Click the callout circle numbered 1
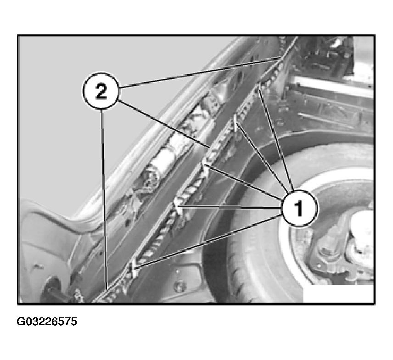click(x=299, y=208)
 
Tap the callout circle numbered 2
click(x=101, y=91)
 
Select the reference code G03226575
click(x=47, y=321)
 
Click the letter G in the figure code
click(x=20, y=321)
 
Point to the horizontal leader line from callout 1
click(x=230, y=207)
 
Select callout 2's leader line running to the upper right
click(x=200, y=72)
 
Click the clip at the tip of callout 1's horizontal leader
click(x=179, y=206)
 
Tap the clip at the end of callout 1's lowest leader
click(x=134, y=269)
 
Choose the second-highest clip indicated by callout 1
click(x=236, y=122)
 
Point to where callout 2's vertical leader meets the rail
click(x=107, y=290)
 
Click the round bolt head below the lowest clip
click(x=179, y=285)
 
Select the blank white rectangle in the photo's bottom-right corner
click(x=339, y=293)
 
